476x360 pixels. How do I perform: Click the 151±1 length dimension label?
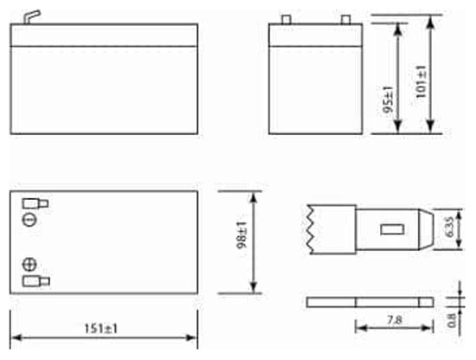click(x=100, y=329)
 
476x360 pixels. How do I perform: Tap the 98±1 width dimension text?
click(x=242, y=235)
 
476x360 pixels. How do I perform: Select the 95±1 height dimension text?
click(x=388, y=100)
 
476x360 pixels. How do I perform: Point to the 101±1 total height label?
click(x=421, y=81)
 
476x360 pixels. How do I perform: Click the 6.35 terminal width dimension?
click(x=449, y=227)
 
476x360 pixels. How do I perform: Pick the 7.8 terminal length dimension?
click(x=395, y=319)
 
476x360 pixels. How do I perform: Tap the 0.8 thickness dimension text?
click(x=452, y=320)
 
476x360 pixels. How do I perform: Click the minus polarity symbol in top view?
click(x=30, y=220)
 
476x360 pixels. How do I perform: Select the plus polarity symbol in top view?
click(x=29, y=265)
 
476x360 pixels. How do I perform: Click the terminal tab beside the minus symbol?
click(x=35, y=203)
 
